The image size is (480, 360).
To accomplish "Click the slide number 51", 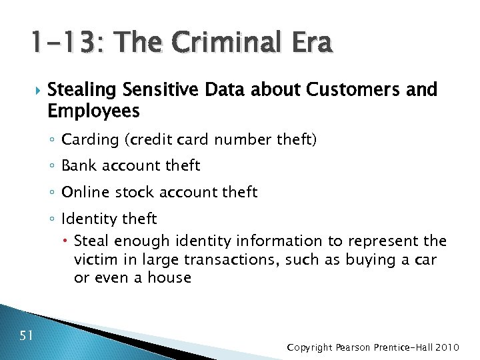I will (x=27, y=335).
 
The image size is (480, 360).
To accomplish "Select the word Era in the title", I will (x=307, y=43).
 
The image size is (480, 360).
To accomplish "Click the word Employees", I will (x=94, y=110).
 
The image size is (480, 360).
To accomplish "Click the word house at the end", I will (x=169, y=277).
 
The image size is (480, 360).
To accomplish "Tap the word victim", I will (x=95, y=259).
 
